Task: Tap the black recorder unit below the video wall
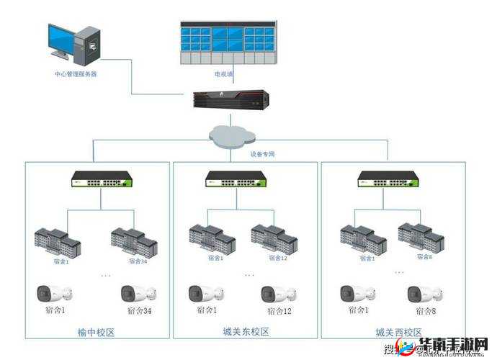tap(231, 99)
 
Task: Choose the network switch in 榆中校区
tap(103, 179)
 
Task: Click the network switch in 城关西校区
tap(389, 179)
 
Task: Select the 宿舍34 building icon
tap(134, 242)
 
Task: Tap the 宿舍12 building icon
tap(274, 238)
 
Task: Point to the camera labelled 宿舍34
tap(138, 293)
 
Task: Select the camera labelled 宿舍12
tap(278, 294)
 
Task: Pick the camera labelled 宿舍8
tap(424, 293)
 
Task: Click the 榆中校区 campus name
tap(97, 332)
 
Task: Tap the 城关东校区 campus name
tap(246, 331)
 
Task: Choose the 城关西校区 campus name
tap(398, 332)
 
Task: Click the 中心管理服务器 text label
tap(76, 74)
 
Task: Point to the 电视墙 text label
tap(223, 74)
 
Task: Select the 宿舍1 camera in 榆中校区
tap(54, 293)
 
